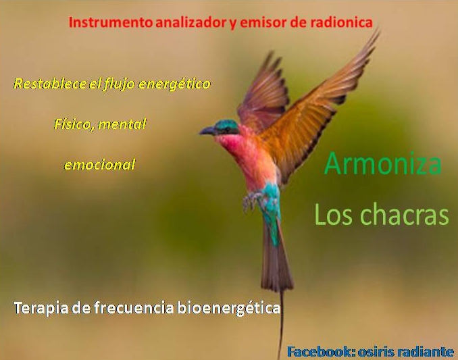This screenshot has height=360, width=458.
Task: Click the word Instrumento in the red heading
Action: (110, 22)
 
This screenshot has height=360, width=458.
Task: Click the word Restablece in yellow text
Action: (50, 84)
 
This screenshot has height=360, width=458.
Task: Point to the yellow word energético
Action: (174, 84)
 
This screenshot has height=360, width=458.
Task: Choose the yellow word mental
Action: (122, 124)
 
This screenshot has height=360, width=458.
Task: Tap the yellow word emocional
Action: (100, 165)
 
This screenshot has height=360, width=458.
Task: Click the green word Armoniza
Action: (382, 163)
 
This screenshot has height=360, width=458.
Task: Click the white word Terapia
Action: (41, 308)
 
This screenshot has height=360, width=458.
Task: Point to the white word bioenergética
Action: (229, 308)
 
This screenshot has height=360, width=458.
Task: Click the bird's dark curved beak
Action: (207, 131)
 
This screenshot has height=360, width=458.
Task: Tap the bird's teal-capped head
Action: (226, 127)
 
